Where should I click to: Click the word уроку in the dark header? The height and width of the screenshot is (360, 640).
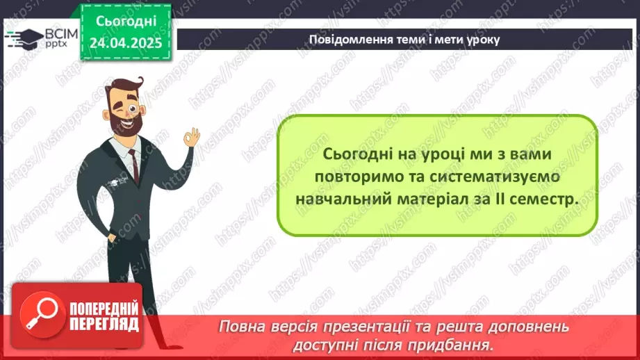[x=484, y=40]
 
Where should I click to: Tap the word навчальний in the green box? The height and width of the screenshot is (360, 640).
[x=336, y=199]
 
